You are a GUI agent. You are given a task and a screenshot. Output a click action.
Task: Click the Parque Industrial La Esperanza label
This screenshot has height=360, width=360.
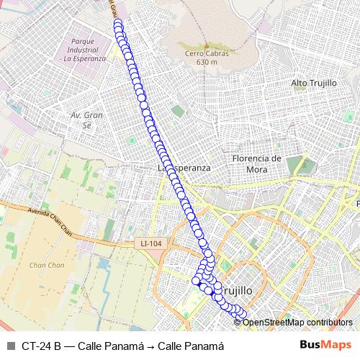(x=81, y=50)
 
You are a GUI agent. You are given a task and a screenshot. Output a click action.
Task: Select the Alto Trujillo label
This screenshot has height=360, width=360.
(x=314, y=84)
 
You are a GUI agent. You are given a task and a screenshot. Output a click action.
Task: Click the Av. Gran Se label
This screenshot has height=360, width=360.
(x=87, y=120)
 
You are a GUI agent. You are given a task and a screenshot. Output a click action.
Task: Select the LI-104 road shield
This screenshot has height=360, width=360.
(x=151, y=244)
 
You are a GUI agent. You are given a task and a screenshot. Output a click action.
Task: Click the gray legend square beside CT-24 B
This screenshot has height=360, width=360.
(x=9, y=345)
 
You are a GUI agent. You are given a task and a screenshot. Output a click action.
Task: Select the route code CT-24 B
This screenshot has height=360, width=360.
(x=41, y=345)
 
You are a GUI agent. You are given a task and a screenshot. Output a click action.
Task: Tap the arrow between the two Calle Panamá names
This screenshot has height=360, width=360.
(x=152, y=345)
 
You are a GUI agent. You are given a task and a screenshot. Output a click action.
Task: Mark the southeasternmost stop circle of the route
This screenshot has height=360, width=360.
(x=242, y=314)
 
